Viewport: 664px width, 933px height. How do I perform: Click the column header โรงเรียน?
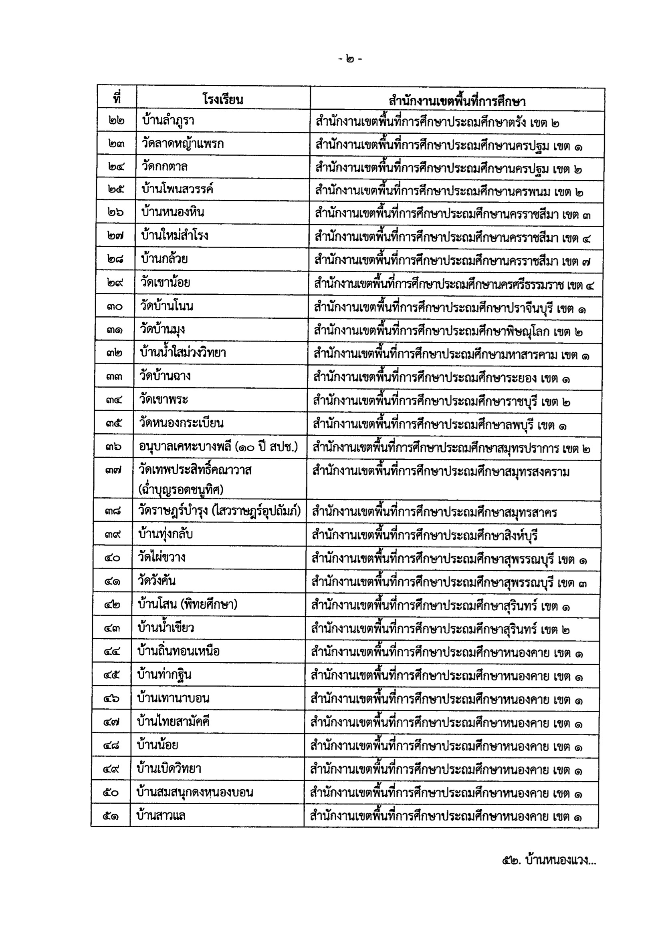pyautogui.click(x=223, y=99)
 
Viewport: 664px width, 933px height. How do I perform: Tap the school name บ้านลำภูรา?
pyautogui.click(x=168, y=121)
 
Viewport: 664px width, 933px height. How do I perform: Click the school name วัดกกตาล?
pyautogui.click(x=165, y=167)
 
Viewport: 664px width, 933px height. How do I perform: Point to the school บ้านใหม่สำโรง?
pyautogui.click(x=175, y=235)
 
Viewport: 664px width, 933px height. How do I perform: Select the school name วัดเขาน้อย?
pyautogui.click(x=165, y=282)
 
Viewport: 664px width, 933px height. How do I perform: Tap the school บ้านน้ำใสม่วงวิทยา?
pyautogui.click(x=183, y=352)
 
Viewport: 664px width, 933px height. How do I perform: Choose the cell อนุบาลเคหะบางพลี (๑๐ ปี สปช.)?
pyautogui.click(x=218, y=447)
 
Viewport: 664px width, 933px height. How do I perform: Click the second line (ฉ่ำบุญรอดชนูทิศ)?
pyautogui.click(x=181, y=489)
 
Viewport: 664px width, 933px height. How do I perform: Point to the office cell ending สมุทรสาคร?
pyautogui.click(x=434, y=512)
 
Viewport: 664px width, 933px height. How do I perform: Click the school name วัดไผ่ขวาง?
pyautogui.click(x=162, y=557)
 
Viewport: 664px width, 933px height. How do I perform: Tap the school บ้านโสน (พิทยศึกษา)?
pyautogui.click(x=188, y=604)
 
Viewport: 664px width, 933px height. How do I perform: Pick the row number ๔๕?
pyautogui.click(x=112, y=675)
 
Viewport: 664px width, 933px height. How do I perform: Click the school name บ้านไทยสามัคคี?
pyautogui.click(x=174, y=722)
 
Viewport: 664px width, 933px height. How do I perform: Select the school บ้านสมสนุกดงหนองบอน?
pyautogui.click(x=195, y=792)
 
